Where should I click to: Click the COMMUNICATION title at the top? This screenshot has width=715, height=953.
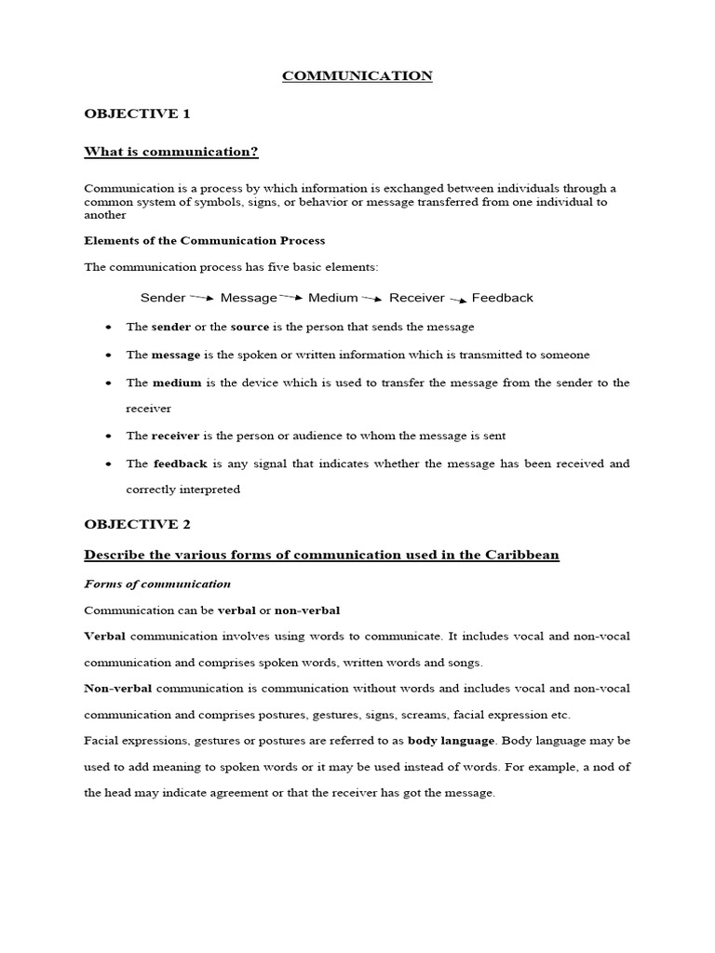click(357, 76)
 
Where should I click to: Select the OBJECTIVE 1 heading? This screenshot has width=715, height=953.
click(137, 114)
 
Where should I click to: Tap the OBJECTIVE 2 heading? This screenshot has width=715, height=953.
click(137, 524)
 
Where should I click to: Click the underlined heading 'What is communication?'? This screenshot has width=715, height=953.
click(171, 152)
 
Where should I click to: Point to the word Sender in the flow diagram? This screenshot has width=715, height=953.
click(163, 298)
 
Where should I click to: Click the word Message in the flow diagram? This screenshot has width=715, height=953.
click(249, 298)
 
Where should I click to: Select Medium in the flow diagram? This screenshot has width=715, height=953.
click(333, 298)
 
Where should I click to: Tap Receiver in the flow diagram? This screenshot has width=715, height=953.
click(417, 298)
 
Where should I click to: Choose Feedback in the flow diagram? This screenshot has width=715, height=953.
click(503, 298)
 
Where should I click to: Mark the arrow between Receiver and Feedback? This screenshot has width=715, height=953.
click(458, 299)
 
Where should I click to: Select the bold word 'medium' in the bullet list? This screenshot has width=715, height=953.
click(177, 383)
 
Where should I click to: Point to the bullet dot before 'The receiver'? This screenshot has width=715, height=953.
click(109, 436)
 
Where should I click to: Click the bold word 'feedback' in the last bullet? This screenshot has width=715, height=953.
click(181, 463)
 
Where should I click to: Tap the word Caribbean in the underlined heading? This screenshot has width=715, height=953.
click(522, 555)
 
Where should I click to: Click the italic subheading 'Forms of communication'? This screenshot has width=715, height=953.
click(157, 584)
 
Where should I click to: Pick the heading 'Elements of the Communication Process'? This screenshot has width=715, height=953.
click(205, 240)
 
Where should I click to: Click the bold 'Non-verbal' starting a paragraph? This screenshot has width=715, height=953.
click(118, 688)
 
